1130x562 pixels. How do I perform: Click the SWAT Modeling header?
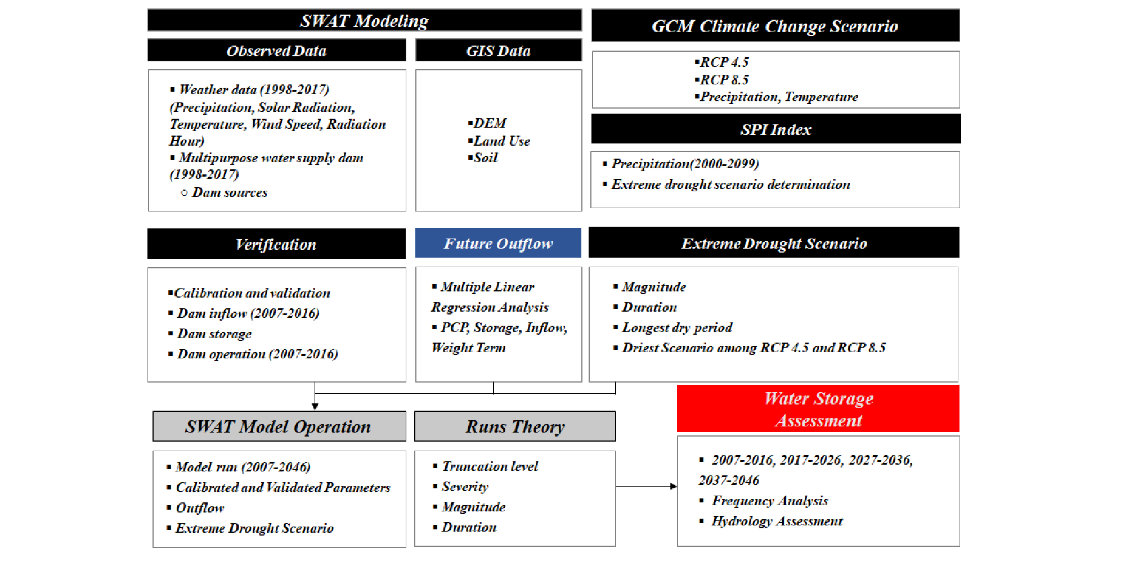365,20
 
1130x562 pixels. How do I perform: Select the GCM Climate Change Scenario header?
775,26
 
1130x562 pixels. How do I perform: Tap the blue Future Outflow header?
498,243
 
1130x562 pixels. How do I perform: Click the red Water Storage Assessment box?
818,409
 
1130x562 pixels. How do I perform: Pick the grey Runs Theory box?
515,426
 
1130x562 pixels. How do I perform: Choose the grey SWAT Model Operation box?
279,426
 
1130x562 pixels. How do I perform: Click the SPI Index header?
776,129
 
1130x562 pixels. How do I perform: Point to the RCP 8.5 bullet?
722,79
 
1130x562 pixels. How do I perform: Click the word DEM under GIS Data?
490,123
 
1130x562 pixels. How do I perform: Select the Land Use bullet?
499,141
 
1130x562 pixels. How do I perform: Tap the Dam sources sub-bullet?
224,192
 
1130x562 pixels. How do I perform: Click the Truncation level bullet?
486,466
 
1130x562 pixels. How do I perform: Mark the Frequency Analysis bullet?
764,501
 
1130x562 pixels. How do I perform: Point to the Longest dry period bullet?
673,327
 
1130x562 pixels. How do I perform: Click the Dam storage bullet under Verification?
210,334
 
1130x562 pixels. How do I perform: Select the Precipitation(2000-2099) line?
681,164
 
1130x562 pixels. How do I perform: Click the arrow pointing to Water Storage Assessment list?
647,486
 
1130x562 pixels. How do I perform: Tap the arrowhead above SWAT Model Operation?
315,406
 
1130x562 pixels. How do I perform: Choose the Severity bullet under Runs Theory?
461,487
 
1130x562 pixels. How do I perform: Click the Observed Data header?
276,50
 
